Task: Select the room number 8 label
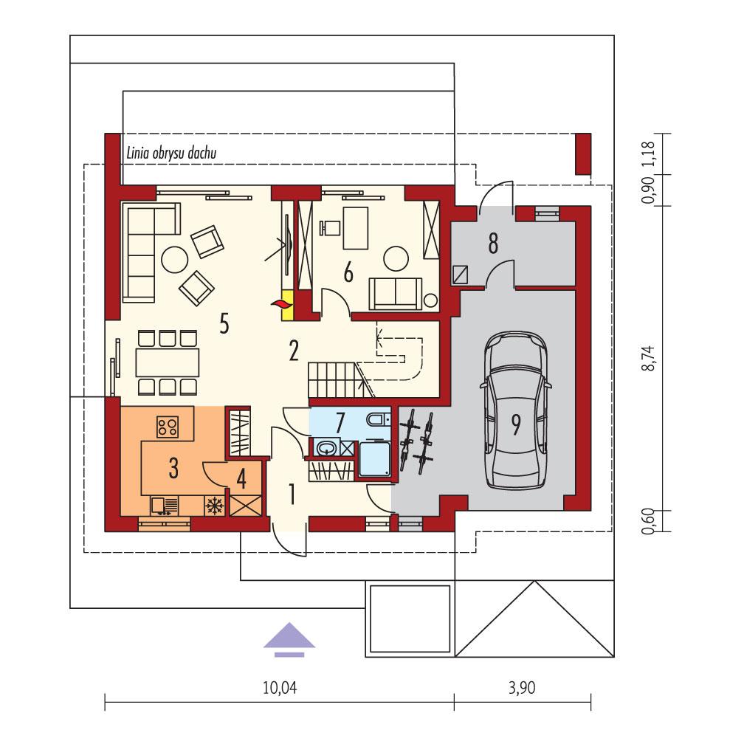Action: coord(492,244)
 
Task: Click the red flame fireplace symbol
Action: coord(281,303)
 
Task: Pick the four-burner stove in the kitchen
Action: coord(168,426)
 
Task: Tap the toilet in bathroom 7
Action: coord(376,420)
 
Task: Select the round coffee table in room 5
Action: coord(175,259)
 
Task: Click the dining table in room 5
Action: coord(168,362)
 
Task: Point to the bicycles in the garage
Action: coord(415,441)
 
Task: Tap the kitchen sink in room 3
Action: coord(164,506)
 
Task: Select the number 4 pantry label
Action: coord(241,478)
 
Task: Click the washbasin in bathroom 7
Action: coord(325,447)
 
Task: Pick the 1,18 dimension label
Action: coord(649,153)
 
